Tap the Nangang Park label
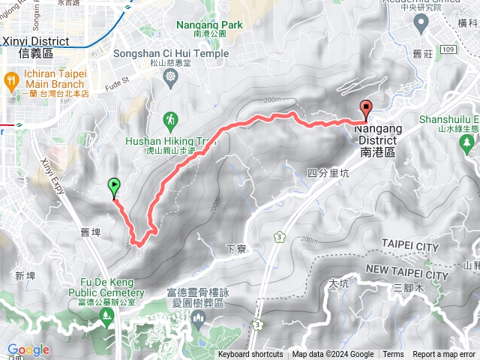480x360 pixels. pos(210,25)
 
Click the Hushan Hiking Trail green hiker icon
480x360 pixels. pos(172,118)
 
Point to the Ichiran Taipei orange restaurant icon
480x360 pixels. pos(11,79)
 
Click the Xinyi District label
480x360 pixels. pos(36,42)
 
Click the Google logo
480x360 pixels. pos(28,349)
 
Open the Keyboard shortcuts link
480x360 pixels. pos(250,355)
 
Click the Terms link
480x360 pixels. pos(393,355)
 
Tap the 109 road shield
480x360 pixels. pos(448,49)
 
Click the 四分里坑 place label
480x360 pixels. pos(328,172)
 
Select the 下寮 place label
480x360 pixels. pos(235,247)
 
